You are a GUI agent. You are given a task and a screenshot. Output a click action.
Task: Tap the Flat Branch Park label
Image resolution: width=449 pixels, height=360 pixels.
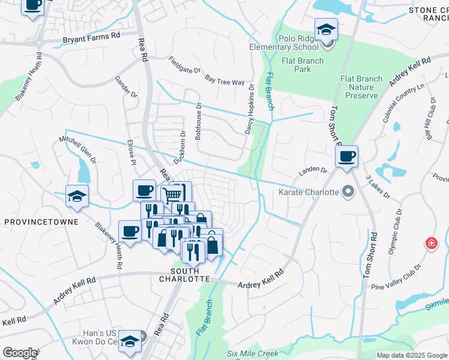pos(303,65)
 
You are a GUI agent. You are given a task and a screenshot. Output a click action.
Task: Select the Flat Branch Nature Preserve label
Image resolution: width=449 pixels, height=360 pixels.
pos(361,87)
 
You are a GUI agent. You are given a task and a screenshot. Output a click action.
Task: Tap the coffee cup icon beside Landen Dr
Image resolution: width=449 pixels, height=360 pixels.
pos(346,158)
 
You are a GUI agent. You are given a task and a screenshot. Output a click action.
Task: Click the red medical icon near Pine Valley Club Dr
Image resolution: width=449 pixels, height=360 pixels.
pos(431,244)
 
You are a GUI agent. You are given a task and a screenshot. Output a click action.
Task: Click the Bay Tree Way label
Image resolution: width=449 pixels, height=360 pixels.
pos(224,80)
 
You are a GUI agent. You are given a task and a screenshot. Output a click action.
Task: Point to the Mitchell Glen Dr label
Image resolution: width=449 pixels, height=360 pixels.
pos(77,149)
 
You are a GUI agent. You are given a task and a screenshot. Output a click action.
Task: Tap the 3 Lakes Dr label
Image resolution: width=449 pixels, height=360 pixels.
pos(378,187)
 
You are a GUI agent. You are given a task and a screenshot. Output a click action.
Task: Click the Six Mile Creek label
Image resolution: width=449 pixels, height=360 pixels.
pos(253,353)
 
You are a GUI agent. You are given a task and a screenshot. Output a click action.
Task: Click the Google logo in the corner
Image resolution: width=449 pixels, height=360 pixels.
pos(20,353)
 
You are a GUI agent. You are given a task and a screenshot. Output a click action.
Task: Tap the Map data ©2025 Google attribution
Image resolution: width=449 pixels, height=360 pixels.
pos(411,355)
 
